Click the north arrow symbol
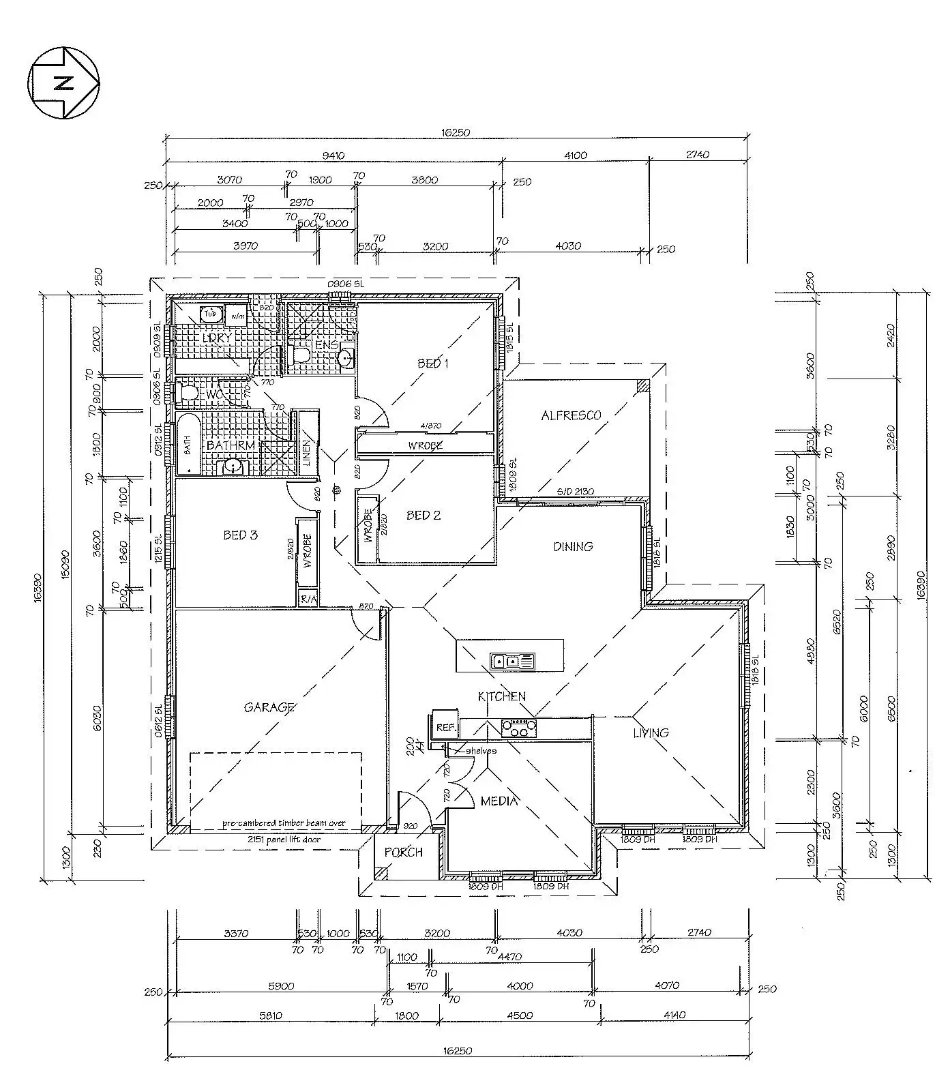coord(64,83)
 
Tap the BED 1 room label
coord(433,364)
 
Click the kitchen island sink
coord(512,661)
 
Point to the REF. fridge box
coord(445,728)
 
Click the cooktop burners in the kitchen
coord(518,728)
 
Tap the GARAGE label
coord(269,707)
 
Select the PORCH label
coord(403,852)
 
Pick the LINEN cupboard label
coord(306,452)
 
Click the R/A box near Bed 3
coord(308,599)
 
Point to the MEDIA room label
coord(499,801)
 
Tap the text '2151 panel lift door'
coord(284,840)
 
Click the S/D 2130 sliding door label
coord(575,492)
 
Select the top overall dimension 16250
coord(456,133)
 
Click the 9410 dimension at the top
coord(333,155)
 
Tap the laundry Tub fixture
coord(210,314)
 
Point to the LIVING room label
coord(650,732)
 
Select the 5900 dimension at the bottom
coord(280,985)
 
